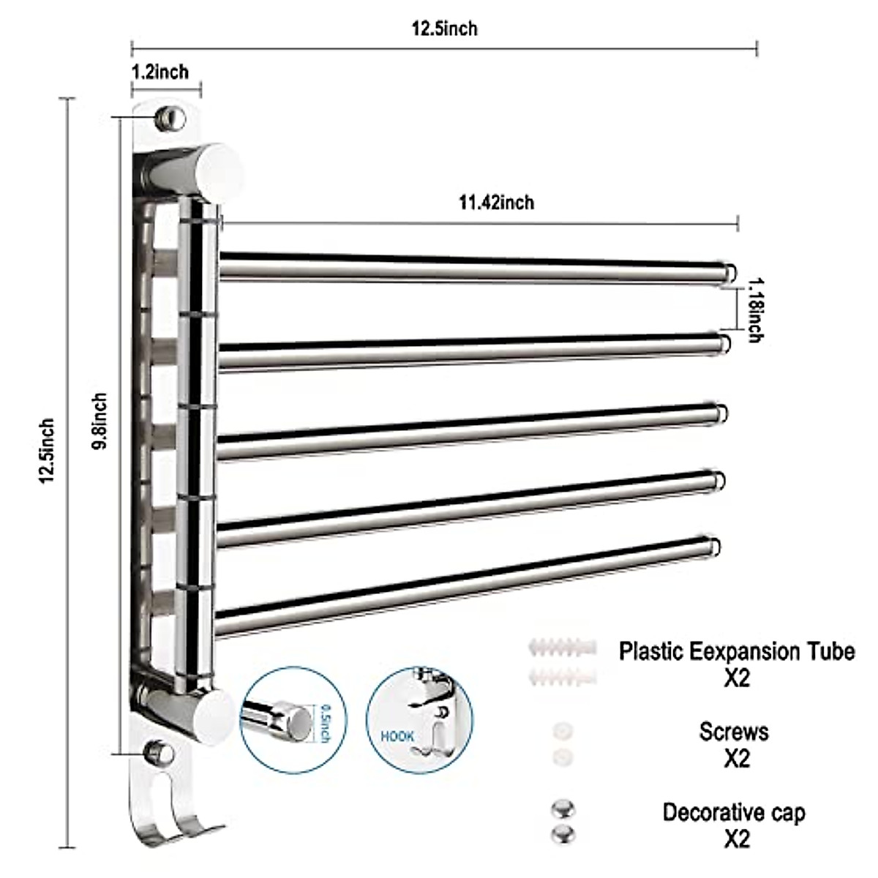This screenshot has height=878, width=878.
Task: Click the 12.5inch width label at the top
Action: (x=444, y=29)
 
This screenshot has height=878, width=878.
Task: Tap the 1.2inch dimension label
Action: (x=160, y=72)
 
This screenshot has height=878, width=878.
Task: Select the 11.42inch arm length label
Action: (x=496, y=202)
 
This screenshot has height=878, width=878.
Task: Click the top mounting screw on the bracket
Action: (x=170, y=117)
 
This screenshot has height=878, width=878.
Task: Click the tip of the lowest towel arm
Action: (x=713, y=546)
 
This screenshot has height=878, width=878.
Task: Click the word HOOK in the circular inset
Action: (x=397, y=736)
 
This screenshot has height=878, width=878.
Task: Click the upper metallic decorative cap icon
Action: (x=563, y=809)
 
